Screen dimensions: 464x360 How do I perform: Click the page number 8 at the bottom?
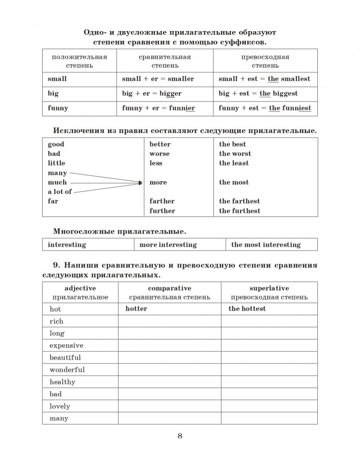coord(180,436)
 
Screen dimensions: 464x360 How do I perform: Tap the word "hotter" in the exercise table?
coord(136,309)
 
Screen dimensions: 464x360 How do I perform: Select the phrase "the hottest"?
coord(247,309)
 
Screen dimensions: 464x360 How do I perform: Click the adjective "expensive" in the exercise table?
coord(66,345)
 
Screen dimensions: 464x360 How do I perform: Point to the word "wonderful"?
coord(67,370)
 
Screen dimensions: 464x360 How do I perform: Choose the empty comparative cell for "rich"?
coord(169,321)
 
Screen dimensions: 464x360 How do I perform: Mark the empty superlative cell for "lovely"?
coord(269,406)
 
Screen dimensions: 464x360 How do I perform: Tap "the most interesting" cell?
coord(266,245)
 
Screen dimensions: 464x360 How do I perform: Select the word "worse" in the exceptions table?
coord(159,154)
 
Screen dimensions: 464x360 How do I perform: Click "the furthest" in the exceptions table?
coord(239,211)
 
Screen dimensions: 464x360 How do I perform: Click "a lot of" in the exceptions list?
coord(60,192)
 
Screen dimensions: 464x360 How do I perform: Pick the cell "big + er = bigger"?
coord(152,94)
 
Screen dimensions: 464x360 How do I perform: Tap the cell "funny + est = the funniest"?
coord(264,108)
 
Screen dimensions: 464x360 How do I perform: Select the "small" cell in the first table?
coord(57,79)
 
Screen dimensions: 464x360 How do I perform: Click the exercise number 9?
coord(57,266)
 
